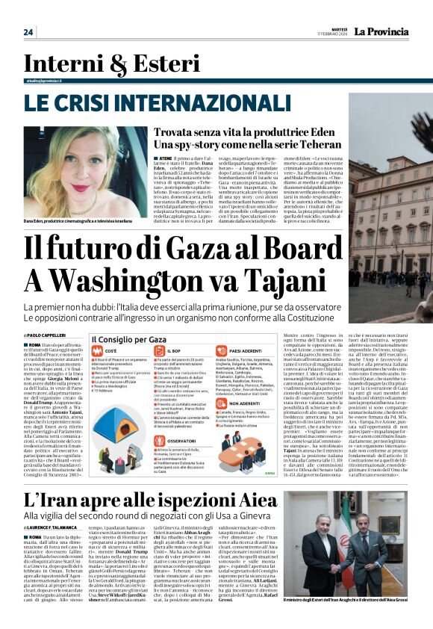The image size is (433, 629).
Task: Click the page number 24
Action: coord(28,32)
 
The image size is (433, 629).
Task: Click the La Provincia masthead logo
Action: coord(385,32)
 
